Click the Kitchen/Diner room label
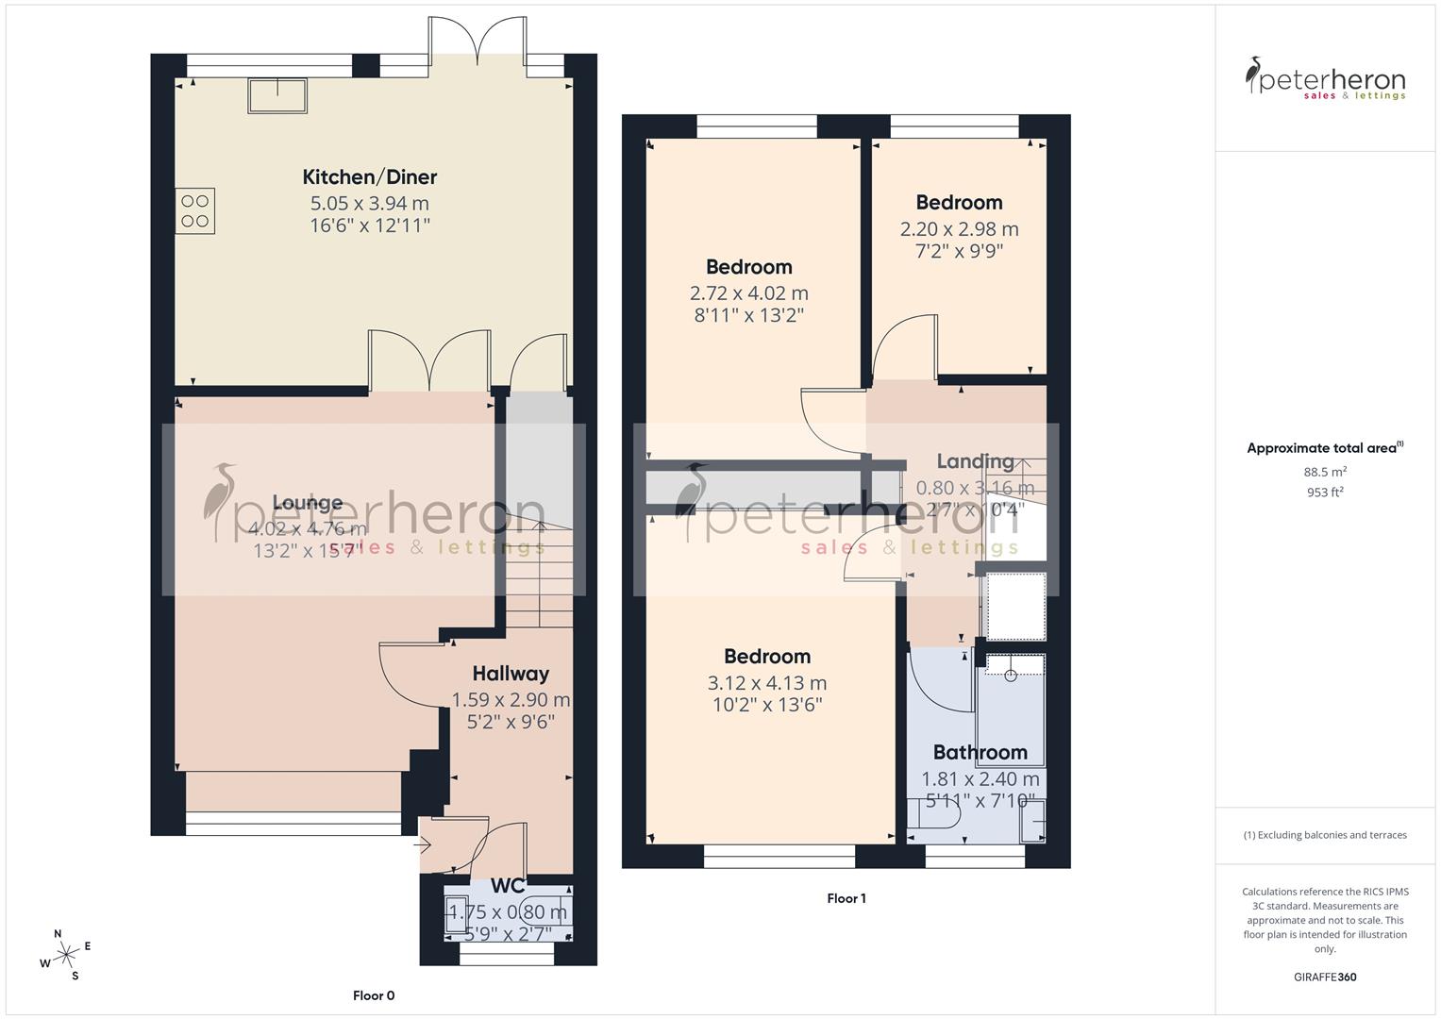(x=369, y=176)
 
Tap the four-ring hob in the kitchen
(x=195, y=210)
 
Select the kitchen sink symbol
(x=277, y=95)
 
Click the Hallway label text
(x=511, y=674)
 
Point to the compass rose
(x=66, y=955)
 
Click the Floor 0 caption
(x=374, y=995)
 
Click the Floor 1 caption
(x=846, y=898)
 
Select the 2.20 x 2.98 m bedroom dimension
(x=959, y=229)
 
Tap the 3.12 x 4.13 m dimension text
(x=766, y=683)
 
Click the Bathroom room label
(x=980, y=752)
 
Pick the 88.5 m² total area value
(x=1324, y=472)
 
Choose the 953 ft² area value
(x=1324, y=492)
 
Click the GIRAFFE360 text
(x=1324, y=977)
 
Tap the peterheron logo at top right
(x=1325, y=79)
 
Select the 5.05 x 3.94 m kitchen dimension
(x=369, y=203)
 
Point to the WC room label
(x=508, y=886)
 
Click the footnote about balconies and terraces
(x=1324, y=835)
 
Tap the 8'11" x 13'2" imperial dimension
(x=749, y=315)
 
